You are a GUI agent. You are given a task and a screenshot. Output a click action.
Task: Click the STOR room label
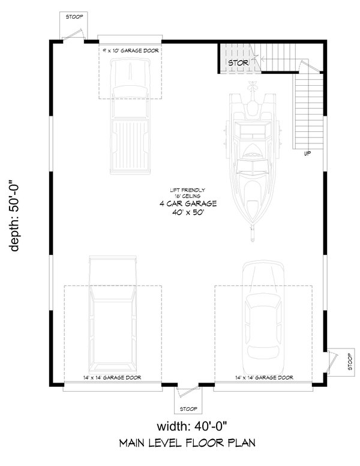(236, 62)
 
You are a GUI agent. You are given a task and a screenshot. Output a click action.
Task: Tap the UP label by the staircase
(307, 154)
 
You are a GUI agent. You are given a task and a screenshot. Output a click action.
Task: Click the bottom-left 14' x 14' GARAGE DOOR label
(113, 378)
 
